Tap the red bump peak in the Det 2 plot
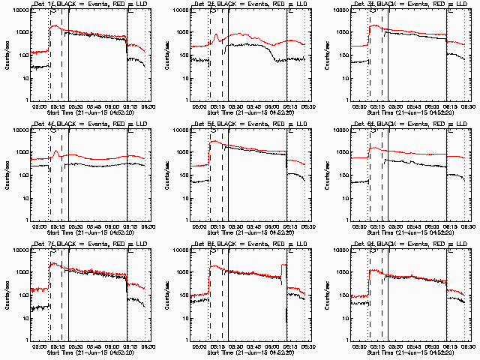217,34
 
